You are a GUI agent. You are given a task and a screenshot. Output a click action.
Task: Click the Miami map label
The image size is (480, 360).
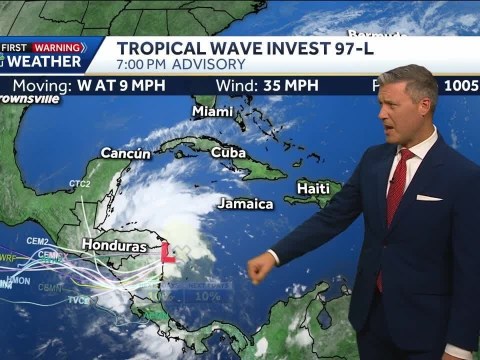click(x=212, y=111)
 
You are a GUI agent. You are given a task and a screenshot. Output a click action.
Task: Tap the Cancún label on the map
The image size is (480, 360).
click(x=126, y=153)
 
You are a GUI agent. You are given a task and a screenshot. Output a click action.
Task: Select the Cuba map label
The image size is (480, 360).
click(x=228, y=152)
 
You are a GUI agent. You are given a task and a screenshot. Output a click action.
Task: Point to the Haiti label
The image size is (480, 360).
click(x=314, y=188)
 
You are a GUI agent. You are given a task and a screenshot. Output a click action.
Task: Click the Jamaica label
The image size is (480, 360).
click(x=245, y=204)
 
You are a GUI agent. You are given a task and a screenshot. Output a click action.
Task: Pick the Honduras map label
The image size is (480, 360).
click(x=113, y=245)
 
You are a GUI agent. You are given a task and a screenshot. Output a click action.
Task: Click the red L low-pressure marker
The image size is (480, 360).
click(x=169, y=253)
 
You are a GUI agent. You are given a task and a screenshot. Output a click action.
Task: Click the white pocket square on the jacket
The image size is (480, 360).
click(x=428, y=197)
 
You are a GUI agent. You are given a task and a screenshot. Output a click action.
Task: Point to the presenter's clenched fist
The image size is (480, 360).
click(x=261, y=267)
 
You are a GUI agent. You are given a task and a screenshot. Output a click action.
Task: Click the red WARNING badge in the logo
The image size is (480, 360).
click(x=58, y=47)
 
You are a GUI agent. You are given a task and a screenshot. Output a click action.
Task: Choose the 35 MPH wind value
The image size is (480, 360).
click(x=291, y=85)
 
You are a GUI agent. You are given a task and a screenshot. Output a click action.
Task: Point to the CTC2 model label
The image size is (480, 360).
click(x=79, y=184)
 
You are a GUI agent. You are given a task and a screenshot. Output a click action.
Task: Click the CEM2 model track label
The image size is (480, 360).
click(x=37, y=241)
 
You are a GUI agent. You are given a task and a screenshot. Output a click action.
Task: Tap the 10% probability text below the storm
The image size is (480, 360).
click(x=206, y=296)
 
